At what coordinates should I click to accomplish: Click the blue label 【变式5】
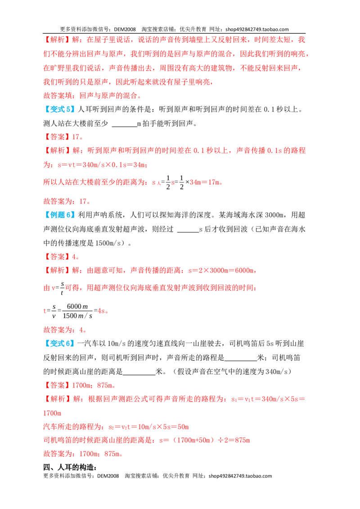click(x=59, y=109)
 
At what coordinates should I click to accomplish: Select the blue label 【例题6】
click(x=59, y=215)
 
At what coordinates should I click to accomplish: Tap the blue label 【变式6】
click(x=59, y=344)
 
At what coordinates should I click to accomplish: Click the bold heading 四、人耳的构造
click(x=70, y=468)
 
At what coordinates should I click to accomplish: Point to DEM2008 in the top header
click(x=125, y=29)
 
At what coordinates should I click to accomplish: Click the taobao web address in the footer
click(x=240, y=476)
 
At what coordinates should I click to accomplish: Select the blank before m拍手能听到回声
click(x=125, y=126)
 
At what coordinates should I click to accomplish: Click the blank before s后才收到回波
click(x=188, y=232)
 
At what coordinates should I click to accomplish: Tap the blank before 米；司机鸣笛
click(x=241, y=360)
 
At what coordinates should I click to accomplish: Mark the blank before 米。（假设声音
click(x=139, y=374)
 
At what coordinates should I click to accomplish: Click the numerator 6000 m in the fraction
click(x=77, y=307)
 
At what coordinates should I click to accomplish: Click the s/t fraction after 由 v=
click(x=62, y=288)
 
